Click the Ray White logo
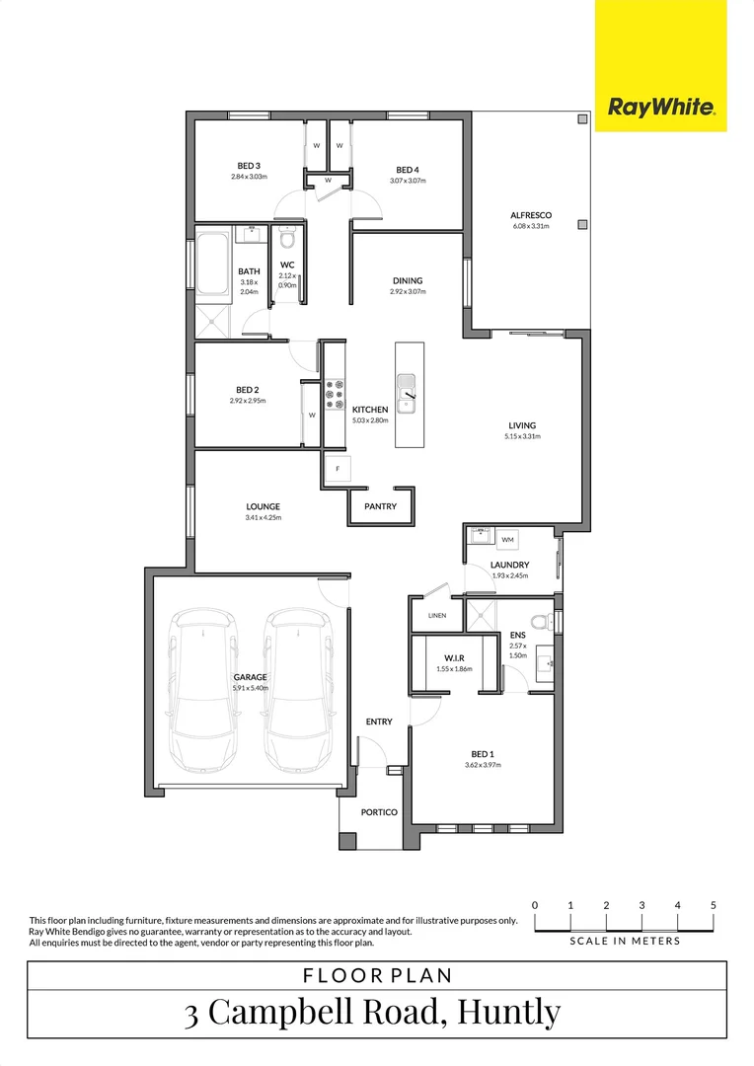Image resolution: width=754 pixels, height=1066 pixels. [x=660, y=108]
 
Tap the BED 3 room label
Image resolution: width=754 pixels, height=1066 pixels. [x=249, y=166]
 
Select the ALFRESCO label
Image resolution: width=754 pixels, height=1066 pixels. [x=530, y=215]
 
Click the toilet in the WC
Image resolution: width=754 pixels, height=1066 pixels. [x=287, y=239]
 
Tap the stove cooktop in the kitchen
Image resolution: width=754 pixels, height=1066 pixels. [x=334, y=395]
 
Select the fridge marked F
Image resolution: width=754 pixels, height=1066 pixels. [x=338, y=468]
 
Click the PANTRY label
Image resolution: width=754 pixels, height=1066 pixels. [x=380, y=506]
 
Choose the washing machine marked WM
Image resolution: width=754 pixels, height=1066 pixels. [x=507, y=540]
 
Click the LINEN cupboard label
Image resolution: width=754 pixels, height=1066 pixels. [x=437, y=615]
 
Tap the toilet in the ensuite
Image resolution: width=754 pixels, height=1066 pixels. [x=540, y=621]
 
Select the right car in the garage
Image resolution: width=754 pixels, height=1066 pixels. [x=297, y=691]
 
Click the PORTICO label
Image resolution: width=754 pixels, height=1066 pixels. [x=380, y=812]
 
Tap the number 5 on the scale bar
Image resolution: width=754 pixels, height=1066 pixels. [x=713, y=905]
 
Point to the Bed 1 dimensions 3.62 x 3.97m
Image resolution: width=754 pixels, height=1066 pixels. [x=483, y=765]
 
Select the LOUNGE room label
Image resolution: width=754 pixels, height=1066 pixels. [x=264, y=506]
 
